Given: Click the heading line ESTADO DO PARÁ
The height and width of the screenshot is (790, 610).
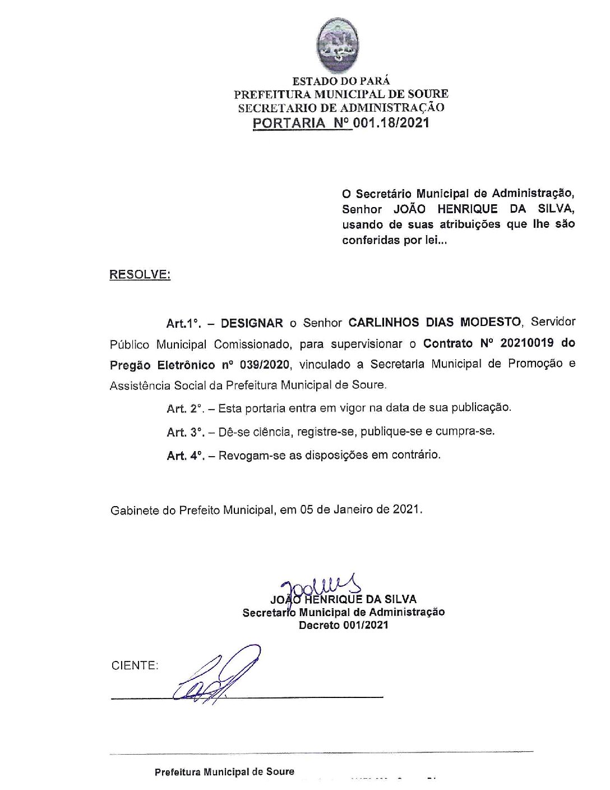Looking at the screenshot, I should point(341,81).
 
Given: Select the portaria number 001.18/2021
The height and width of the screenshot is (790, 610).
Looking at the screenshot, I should point(391,123).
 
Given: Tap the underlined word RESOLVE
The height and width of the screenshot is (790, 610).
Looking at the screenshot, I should point(140,275).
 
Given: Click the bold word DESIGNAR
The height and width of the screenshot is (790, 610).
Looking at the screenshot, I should point(252,323).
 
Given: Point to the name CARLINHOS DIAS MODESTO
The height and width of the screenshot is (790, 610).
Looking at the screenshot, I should point(435,322).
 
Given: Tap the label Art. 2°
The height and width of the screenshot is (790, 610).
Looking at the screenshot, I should point(184,408).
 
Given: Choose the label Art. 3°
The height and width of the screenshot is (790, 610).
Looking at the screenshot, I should point(184,432).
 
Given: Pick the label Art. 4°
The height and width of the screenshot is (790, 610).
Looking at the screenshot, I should point(184,456).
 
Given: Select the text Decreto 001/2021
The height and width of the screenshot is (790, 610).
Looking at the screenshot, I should point(343,625).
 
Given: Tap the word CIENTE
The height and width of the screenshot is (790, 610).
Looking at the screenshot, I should point(135,665).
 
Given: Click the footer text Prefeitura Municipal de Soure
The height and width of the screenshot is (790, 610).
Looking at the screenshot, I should point(224,771).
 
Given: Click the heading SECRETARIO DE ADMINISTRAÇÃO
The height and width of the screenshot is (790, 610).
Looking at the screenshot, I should point(341,108).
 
